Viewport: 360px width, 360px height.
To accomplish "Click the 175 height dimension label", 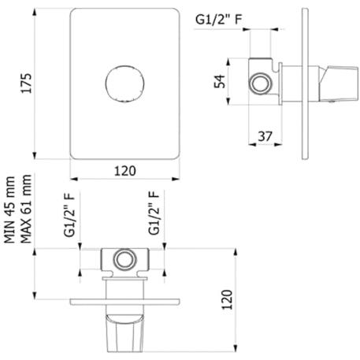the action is point(27,84).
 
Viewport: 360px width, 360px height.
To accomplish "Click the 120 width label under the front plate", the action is point(125,171).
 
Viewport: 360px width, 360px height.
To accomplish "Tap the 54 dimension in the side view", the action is point(220,81).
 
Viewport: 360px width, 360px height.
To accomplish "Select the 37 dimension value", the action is point(265,136).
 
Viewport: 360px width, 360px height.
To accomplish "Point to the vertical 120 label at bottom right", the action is point(228,299).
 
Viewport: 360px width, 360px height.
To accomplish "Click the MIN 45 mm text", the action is point(9,210).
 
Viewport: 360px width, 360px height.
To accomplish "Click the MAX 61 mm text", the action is point(26,209).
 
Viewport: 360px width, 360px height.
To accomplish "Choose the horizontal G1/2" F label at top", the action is point(218,20).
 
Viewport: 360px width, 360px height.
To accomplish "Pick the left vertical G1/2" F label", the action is point(69,215).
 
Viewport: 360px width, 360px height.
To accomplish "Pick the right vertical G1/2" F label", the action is point(154,213).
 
